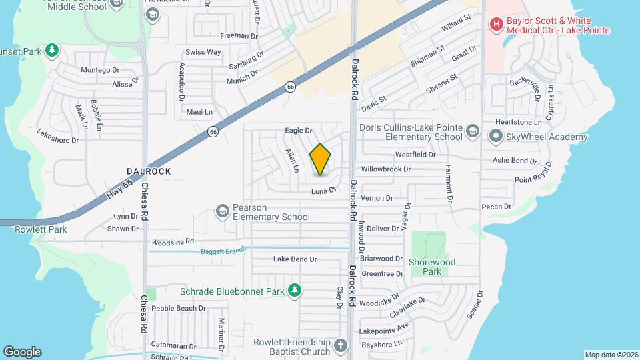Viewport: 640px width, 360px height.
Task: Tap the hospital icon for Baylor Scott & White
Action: [496, 25]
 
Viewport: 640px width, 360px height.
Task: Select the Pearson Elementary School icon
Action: [222, 211]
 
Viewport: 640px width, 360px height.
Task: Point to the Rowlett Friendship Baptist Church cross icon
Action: [341, 346]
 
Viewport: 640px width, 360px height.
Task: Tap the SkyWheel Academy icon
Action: [495, 137]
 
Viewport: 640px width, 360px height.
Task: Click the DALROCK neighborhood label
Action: [149, 171]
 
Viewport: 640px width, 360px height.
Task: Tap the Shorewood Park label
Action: [432, 267]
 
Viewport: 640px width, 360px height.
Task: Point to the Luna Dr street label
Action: [323, 191]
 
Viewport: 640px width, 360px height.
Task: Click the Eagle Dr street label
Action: [299, 131]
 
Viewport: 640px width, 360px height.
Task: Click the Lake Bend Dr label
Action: [295, 259]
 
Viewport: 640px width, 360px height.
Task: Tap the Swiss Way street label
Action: [203, 52]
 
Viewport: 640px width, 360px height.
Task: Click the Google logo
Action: [22, 351]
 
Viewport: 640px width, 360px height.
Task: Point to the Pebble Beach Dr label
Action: [179, 309]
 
